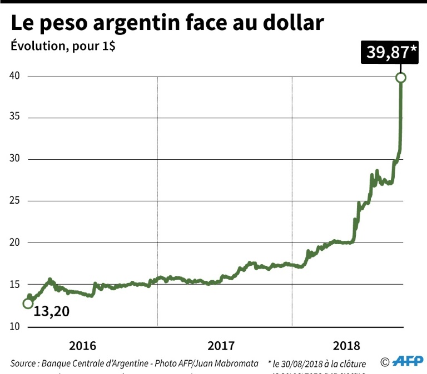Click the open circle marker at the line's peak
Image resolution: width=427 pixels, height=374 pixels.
tap(401, 78)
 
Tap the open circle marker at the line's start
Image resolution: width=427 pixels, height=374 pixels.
tap(27, 304)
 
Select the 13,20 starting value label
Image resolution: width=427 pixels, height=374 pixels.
tap(52, 312)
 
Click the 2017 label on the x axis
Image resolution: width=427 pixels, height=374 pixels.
tap(221, 346)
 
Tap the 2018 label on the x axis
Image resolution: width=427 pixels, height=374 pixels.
tap(347, 346)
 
